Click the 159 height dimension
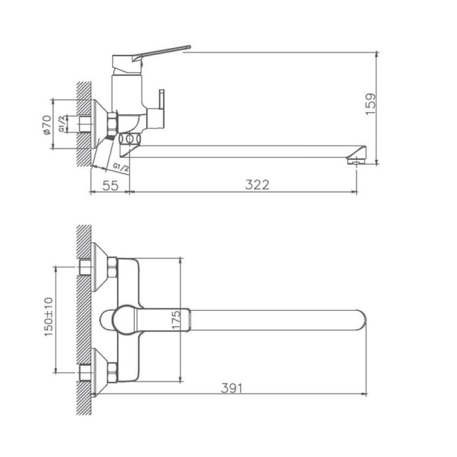[x=371, y=104]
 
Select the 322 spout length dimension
[x=258, y=185]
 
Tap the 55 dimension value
[x=110, y=185]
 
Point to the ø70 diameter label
[x=47, y=125]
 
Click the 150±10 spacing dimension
[x=49, y=317]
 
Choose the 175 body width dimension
[x=176, y=320]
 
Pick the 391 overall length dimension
[x=232, y=388]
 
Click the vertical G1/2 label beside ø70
[x=62, y=124]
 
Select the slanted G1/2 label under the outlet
[x=121, y=167]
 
